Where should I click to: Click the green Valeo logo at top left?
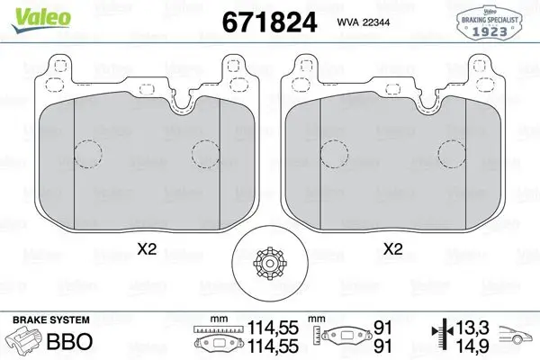(x=40, y=19)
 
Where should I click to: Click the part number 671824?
(x=269, y=22)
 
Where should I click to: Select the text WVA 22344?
(x=363, y=22)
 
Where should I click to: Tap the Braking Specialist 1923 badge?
(x=489, y=22)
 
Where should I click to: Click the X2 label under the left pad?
(x=147, y=249)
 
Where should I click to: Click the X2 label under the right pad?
(x=393, y=249)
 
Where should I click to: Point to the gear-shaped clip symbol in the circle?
(x=270, y=264)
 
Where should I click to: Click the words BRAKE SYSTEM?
(x=51, y=320)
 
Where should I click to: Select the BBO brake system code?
(x=69, y=341)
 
